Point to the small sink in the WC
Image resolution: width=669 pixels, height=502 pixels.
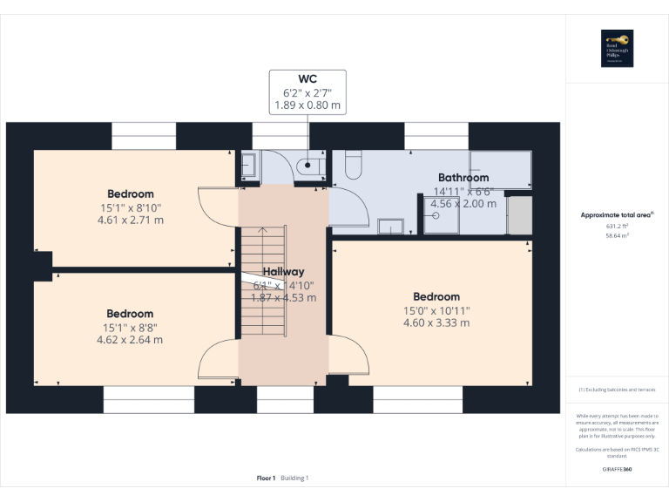click(x=247, y=165)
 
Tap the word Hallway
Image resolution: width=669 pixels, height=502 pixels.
click(x=284, y=272)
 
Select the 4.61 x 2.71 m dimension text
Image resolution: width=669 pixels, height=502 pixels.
click(x=131, y=220)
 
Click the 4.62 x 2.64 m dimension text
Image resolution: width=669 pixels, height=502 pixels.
click(x=130, y=340)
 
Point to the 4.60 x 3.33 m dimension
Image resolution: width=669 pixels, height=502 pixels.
click(x=436, y=322)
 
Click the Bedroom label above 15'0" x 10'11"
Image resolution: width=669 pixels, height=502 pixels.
click(x=436, y=296)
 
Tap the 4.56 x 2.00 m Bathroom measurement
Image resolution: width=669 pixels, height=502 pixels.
click(x=463, y=204)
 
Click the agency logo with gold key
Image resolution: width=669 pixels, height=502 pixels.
click(x=617, y=48)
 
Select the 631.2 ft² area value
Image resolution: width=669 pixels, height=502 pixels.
click(x=617, y=225)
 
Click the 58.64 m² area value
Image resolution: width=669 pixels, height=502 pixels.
click(x=617, y=235)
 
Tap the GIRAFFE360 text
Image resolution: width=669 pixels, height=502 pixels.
click(x=617, y=470)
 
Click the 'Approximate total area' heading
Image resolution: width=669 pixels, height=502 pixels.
click(x=617, y=214)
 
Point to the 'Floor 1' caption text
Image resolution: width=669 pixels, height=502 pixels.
click(x=266, y=478)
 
